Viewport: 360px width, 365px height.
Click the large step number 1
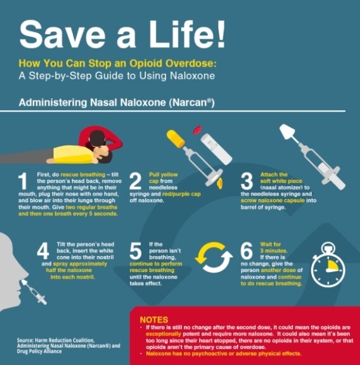coord(23,181)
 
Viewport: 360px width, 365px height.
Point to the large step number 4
coord(43,251)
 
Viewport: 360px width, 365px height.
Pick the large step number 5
coord(135,251)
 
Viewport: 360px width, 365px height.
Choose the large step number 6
coord(247,251)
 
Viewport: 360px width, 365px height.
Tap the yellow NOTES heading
coord(154,319)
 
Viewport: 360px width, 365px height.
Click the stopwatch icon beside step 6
coord(328,265)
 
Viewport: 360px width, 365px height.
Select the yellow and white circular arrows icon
coord(214,257)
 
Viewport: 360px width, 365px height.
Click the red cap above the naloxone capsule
coord(198,130)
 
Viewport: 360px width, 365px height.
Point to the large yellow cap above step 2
coord(176,139)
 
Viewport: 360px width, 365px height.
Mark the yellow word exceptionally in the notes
coord(164,334)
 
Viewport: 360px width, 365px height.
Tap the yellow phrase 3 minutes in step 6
coord(274,251)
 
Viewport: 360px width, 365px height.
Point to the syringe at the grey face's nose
coord(34,291)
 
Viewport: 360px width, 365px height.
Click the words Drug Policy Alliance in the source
coord(39,351)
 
